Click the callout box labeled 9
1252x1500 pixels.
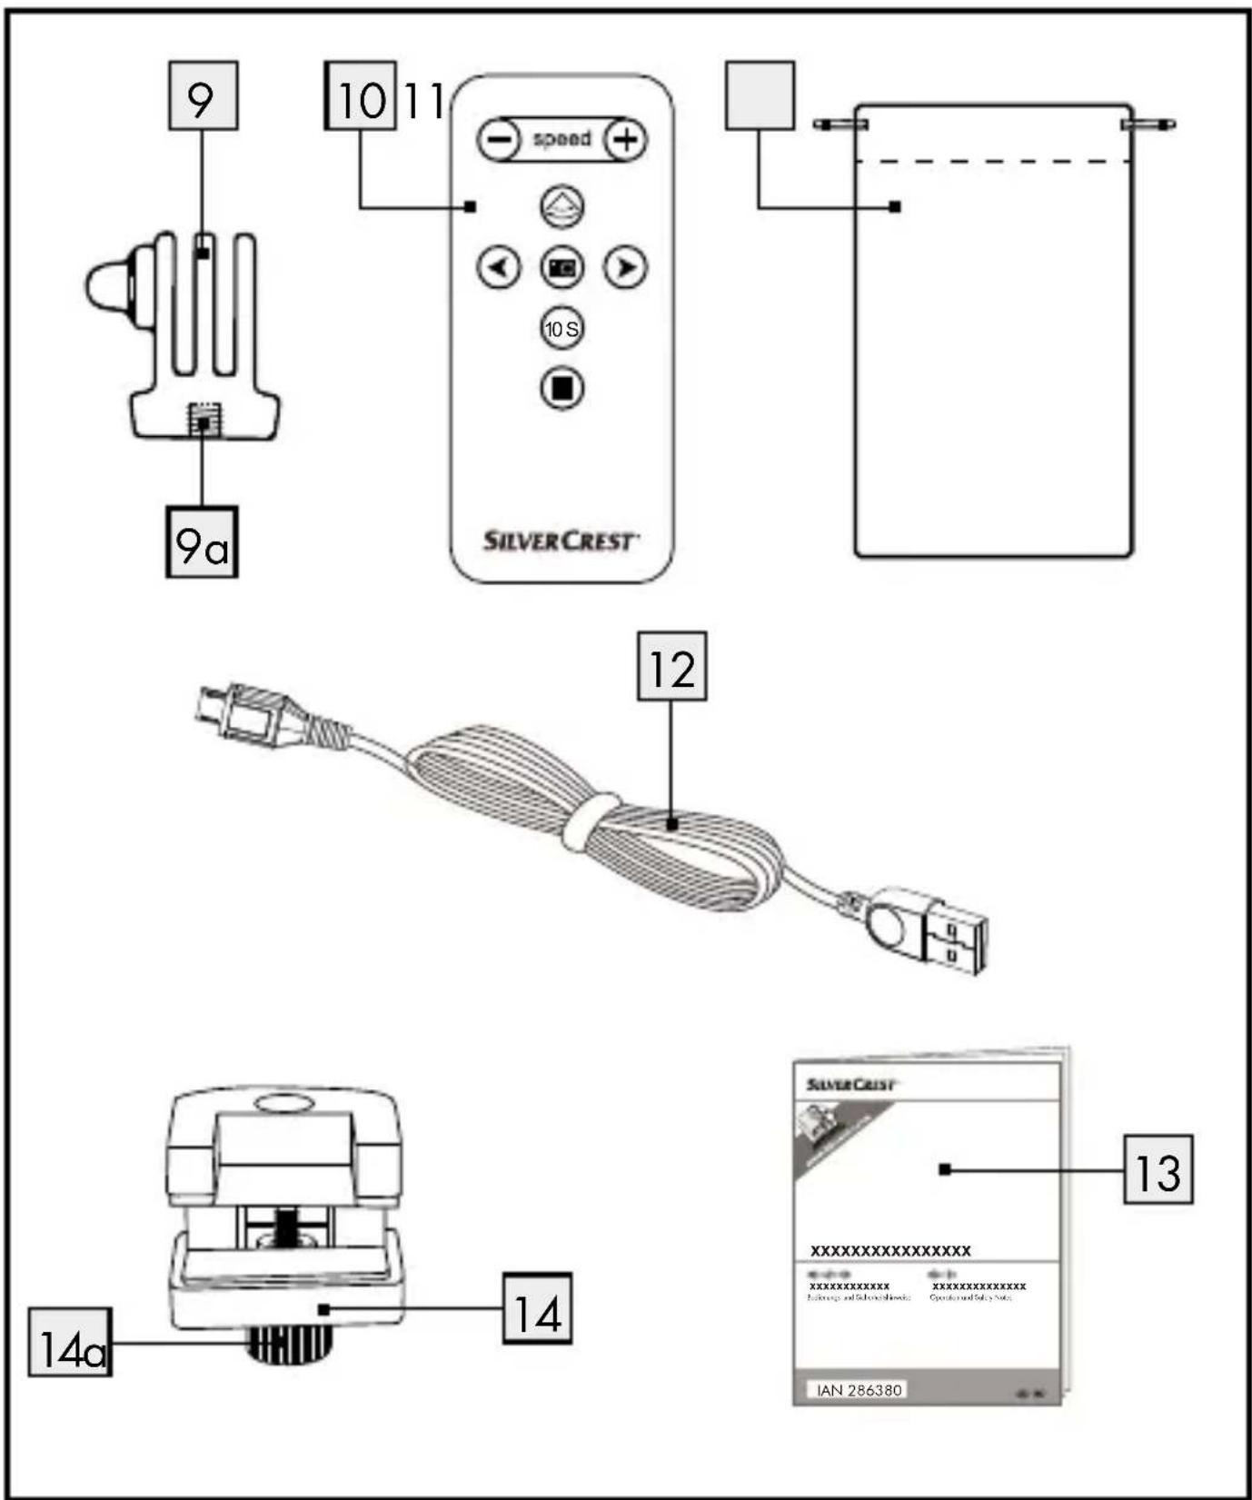click(x=203, y=95)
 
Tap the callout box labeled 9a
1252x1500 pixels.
click(x=201, y=542)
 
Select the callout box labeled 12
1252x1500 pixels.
click(x=671, y=667)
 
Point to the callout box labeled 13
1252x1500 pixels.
click(x=1158, y=1169)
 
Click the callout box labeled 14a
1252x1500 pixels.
click(x=70, y=1342)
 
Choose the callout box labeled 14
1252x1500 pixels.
click(x=537, y=1308)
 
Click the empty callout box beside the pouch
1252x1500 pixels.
click(x=760, y=95)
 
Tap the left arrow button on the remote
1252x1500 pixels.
click(x=499, y=267)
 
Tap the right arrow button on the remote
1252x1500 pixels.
click(x=625, y=267)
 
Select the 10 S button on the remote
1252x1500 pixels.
click(x=561, y=328)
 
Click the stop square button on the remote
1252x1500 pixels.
click(x=561, y=388)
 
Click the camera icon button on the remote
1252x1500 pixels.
click(x=561, y=267)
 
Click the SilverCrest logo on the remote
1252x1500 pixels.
click(x=560, y=541)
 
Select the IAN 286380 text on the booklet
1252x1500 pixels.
click(x=858, y=1390)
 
